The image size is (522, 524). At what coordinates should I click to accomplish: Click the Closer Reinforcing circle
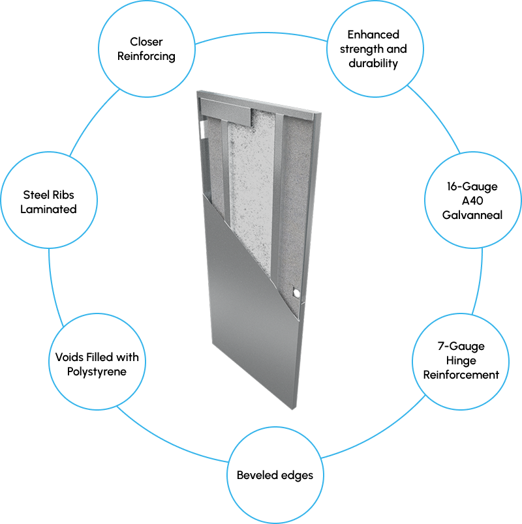point(146,49)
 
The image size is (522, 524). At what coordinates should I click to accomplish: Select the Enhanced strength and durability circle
point(373,49)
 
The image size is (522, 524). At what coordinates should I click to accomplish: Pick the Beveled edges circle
point(275,474)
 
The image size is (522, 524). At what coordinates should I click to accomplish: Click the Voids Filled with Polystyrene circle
point(96,364)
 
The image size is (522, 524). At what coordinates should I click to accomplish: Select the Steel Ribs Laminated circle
point(49,201)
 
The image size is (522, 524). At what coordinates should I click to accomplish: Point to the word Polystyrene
point(96,371)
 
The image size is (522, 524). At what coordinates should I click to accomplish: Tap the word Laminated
point(49,209)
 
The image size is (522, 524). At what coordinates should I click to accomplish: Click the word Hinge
point(461,360)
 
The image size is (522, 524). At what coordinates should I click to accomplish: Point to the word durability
point(373,64)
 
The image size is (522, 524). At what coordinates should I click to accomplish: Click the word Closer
point(146,42)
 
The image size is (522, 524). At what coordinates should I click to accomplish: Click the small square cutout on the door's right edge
point(297,294)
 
